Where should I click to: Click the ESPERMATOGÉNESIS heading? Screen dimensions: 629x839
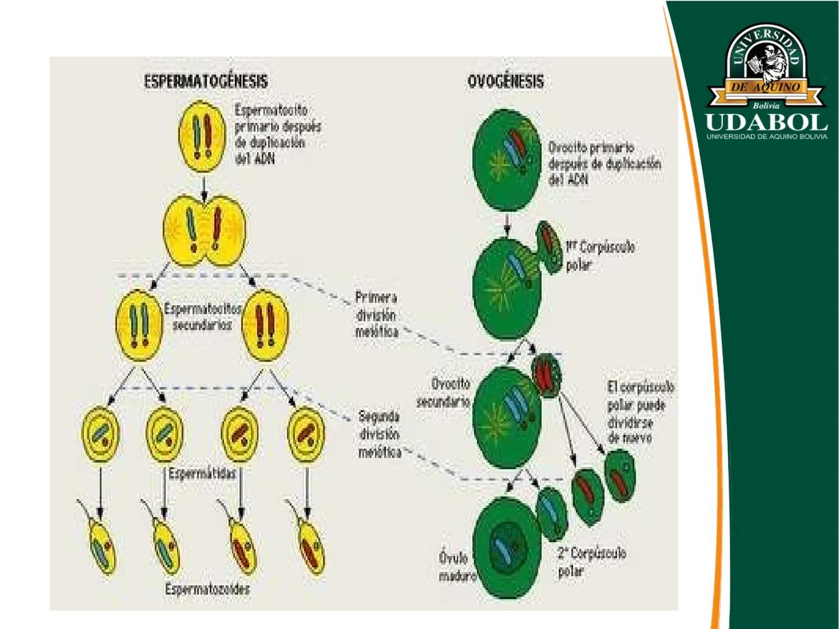point(206,81)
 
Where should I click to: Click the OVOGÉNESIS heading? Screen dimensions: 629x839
point(505,82)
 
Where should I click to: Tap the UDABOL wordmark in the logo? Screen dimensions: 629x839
point(766,122)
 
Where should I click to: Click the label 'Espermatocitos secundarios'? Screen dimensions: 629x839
point(202,317)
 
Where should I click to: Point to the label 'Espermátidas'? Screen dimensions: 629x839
point(202,473)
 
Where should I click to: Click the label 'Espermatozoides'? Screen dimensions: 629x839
point(207,589)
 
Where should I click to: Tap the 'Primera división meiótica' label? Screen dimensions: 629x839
point(377,314)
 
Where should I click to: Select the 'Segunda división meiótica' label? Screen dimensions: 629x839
point(379,434)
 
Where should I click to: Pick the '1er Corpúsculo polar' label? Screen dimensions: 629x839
point(600,256)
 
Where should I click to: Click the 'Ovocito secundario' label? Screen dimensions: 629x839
point(444,393)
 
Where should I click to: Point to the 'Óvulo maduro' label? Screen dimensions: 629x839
point(457,567)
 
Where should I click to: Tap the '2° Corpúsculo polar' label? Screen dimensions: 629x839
point(591,561)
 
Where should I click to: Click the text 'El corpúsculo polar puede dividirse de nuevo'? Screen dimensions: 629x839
point(640,412)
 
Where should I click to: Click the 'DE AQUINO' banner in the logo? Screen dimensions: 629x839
point(766,87)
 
